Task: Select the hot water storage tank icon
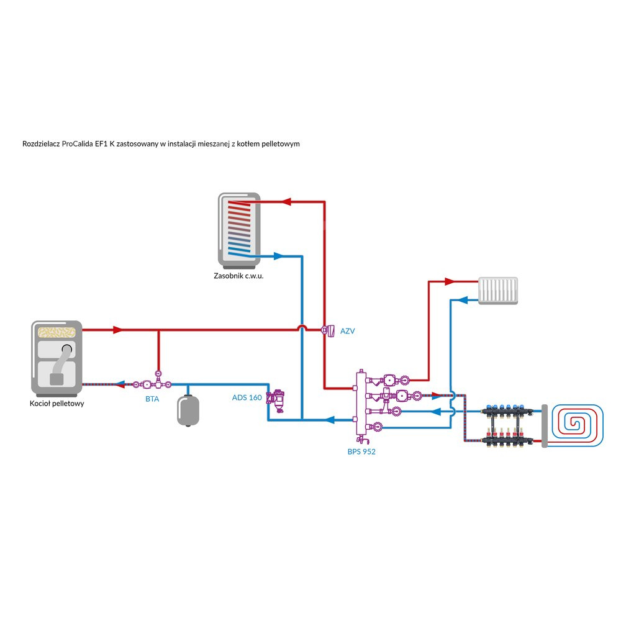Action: [239, 228]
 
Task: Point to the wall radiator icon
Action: [498, 291]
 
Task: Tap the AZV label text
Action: [347, 331]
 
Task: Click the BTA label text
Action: [152, 399]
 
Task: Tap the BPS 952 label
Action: [361, 452]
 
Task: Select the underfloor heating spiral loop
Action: [578, 425]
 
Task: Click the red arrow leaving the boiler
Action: [117, 329]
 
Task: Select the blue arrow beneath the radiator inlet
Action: [461, 299]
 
